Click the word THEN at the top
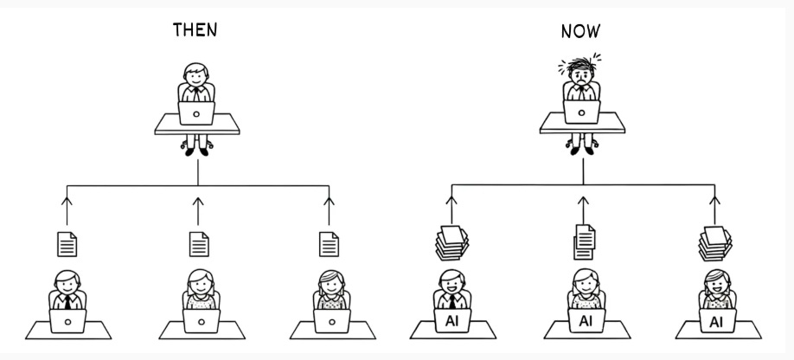(x=195, y=30)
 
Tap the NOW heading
(x=580, y=33)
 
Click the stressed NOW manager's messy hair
(x=582, y=63)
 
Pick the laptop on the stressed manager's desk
(x=581, y=112)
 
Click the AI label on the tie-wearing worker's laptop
(x=451, y=321)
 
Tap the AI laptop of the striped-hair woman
(x=716, y=322)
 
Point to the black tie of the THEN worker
(x=67, y=302)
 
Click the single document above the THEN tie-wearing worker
(x=67, y=244)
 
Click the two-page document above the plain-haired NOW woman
(x=584, y=241)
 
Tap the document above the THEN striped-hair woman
(x=329, y=243)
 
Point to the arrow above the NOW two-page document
(x=583, y=207)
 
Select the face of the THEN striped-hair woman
(x=329, y=285)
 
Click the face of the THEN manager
(x=195, y=76)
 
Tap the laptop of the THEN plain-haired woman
(x=200, y=321)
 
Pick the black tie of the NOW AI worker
(x=451, y=301)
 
